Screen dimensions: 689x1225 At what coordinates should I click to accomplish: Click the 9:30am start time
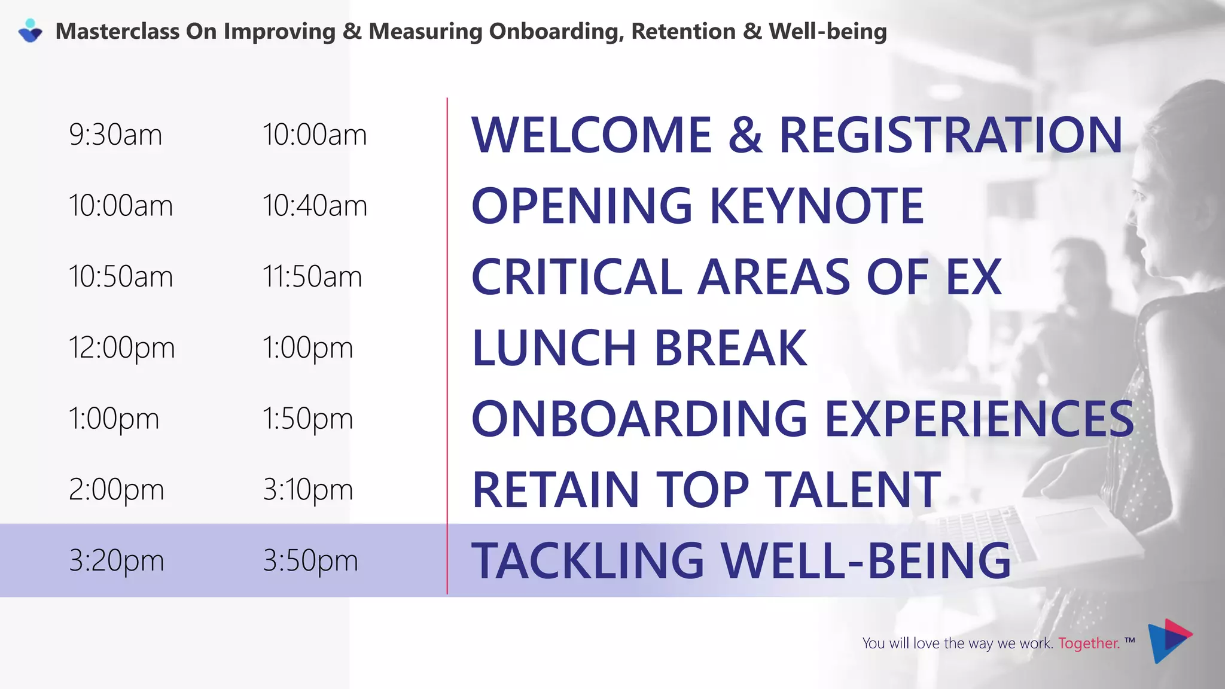(x=115, y=135)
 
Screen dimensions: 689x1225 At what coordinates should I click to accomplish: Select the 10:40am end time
(x=315, y=206)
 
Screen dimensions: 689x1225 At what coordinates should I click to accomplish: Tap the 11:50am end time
(x=312, y=277)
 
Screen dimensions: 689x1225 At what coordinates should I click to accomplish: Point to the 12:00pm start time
(x=121, y=348)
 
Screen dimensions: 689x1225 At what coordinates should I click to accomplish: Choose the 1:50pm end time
(x=307, y=419)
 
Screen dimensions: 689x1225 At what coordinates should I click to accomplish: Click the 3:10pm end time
(x=307, y=490)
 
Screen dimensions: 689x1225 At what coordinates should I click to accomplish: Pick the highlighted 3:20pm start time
(x=116, y=561)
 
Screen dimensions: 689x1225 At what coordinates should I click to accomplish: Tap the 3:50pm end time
(x=310, y=561)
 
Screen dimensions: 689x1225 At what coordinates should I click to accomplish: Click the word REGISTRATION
(x=951, y=135)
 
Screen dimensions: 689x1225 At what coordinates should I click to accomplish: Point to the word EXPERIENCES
(x=979, y=419)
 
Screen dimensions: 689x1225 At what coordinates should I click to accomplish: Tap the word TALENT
(x=853, y=490)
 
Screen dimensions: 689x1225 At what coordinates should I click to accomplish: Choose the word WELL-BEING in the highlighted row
(x=866, y=561)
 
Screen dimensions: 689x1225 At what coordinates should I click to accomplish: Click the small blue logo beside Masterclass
(x=30, y=31)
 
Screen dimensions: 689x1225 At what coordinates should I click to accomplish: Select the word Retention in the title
(x=683, y=31)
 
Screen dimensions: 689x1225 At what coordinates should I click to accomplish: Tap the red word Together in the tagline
(x=1089, y=644)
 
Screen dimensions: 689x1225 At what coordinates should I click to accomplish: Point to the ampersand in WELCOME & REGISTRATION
(x=745, y=135)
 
